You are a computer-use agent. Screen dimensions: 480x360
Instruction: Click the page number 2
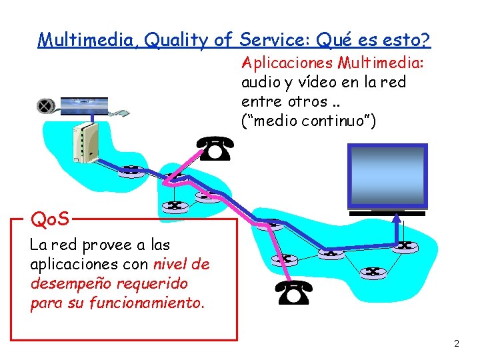(x=457, y=344)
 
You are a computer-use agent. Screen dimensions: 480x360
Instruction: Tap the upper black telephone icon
(x=215, y=149)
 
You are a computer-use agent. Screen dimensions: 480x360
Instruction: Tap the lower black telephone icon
(x=293, y=293)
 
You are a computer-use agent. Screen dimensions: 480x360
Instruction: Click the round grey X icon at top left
(x=45, y=106)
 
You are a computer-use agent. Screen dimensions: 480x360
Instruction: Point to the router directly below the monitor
(x=403, y=246)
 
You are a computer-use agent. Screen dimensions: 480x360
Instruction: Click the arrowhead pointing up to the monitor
(x=398, y=216)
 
